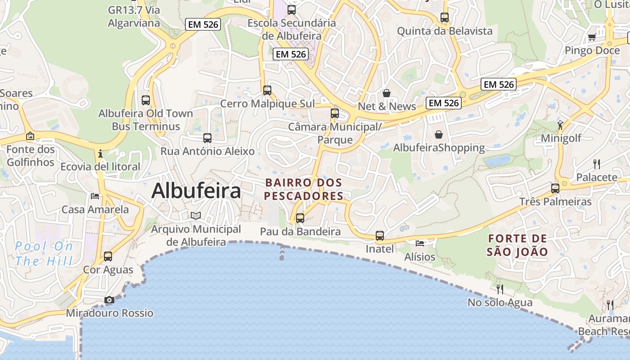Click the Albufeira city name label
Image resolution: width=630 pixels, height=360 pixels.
(x=196, y=191)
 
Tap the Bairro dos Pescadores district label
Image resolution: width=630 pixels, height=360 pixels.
(x=304, y=189)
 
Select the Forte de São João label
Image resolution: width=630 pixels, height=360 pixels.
(x=517, y=245)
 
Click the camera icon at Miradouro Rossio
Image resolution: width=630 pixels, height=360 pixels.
(x=109, y=300)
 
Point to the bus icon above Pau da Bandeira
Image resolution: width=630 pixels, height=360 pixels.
(x=300, y=218)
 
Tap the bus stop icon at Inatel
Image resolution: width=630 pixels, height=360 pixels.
(x=380, y=235)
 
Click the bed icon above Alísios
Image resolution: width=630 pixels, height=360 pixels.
(x=420, y=243)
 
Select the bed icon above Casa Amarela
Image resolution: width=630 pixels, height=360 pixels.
(x=95, y=196)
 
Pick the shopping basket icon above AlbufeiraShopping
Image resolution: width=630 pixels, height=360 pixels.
(x=439, y=135)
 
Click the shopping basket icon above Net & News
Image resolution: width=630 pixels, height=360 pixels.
(x=387, y=93)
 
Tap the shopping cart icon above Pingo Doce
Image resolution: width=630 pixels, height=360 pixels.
(x=592, y=37)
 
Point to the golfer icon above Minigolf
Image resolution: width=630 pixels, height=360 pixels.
(x=560, y=125)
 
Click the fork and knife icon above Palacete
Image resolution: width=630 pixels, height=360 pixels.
(x=597, y=164)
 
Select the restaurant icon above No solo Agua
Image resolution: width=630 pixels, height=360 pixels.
(x=500, y=288)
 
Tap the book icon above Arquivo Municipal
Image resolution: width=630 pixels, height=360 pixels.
(x=195, y=216)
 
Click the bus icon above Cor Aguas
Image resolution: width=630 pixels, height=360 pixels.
(x=108, y=256)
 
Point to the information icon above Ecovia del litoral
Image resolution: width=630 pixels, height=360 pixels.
(x=100, y=154)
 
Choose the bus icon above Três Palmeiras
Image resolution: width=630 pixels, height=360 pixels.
(x=555, y=188)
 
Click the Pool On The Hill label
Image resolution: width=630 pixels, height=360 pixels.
(x=44, y=253)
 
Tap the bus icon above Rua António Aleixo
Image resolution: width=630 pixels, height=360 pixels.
(x=207, y=138)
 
